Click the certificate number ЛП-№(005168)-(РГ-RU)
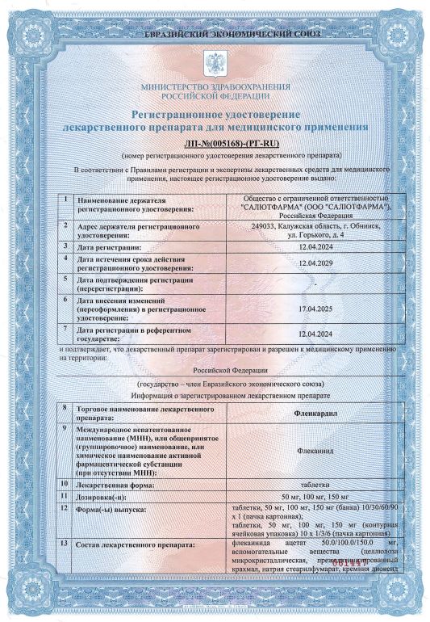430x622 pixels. point(215,142)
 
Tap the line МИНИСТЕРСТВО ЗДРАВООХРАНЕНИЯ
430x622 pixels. point(215,85)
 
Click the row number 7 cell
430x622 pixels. point(64,331)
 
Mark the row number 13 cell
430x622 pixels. point(64,547)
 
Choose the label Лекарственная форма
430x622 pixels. point(113,485)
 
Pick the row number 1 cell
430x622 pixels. point(64,199)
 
